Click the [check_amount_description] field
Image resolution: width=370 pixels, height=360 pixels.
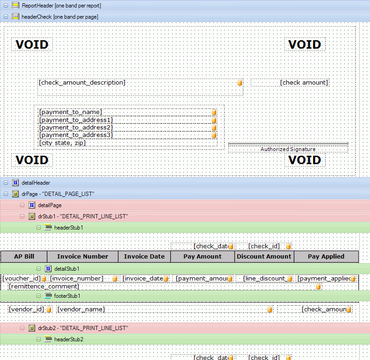pyautogui.click(x=82, y=83)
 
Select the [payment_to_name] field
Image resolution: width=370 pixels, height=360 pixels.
pyautogui.click(x=71, y=112)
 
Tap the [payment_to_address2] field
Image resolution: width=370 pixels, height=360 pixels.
pyautogui.click(x=76, y=128)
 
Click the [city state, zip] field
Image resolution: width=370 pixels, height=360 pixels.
pyautogui.click(x=63, y=143)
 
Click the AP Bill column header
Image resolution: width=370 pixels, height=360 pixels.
pyautogui.click(x=24, y=257)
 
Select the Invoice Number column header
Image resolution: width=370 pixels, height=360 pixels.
pyautogui.click(x=82, y=257)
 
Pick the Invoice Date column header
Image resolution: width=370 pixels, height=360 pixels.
pyautogui.click(x=144, y=257)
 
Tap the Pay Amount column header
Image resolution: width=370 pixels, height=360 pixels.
pyautogui.click(x=203, y=257)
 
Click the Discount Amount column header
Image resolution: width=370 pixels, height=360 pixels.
pyautogui.click(x=264, y=257)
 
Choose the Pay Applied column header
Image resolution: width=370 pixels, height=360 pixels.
pyautogui.click(x=326, y=257)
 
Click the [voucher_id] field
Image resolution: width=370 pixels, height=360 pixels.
pyautogui.click(x=22, y=279)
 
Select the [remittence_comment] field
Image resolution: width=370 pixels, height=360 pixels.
pyautogui.click(x=44, y=286)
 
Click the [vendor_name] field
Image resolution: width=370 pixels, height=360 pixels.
pyautogui.click(x=81, y=310)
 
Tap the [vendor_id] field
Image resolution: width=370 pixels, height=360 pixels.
pyautogui.click(x=27, y=310)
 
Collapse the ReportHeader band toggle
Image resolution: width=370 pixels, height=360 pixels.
pyautogui.click(x=6, y=6)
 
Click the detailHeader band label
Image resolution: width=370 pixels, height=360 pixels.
pyautogui.click(x=36, y=183)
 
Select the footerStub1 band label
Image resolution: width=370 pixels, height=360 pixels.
pyautogui.click(x=67, y=296)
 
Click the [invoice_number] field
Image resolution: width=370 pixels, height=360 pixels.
pyautogui.click(x=77, y=279)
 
